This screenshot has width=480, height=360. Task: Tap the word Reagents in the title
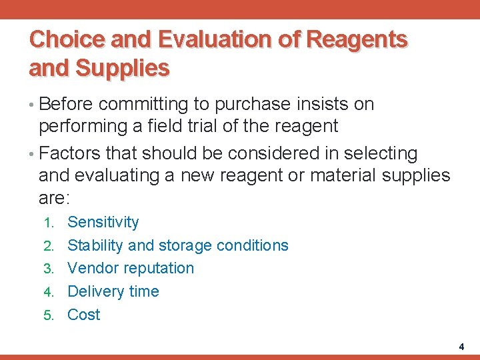click(357, 40)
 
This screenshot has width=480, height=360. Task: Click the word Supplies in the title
click(123, 68)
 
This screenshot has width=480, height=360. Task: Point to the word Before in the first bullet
click(67, 105)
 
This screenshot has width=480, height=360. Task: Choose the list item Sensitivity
click(103, 223)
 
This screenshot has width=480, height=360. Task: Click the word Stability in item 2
click(95, 245)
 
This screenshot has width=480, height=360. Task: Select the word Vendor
click(91, 269)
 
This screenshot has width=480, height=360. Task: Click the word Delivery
click(95, 291)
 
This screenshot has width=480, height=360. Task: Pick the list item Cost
click(84, 315)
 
